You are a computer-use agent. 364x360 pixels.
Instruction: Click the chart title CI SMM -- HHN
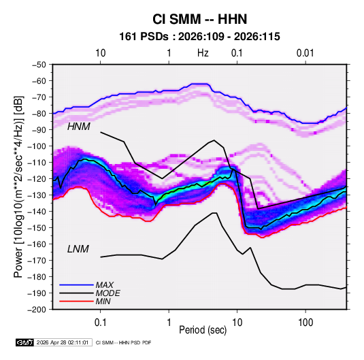click(x=199, y=19)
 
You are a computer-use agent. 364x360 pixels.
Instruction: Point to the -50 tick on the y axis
click(x=39, y=65)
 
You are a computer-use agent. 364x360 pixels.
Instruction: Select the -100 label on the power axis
click(x=37, y=146)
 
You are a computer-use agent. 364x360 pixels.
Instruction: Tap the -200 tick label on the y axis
click(x=37, y=310)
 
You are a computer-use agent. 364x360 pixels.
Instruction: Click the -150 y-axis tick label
click(x=37, y=228)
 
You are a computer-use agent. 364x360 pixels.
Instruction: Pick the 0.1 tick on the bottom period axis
click(x=100, y=323)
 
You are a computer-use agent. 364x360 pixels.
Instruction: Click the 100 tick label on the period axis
click(x=305, y=323)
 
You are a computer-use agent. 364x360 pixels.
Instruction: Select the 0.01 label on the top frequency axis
click(x=305, y=53)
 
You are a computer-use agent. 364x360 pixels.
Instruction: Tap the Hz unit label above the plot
click(x=203, y=53)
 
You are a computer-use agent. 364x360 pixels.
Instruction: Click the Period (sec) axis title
click(x=203, y=330)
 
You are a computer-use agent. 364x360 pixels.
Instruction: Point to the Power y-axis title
click(x=18, y=187)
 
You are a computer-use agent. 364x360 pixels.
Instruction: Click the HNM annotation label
click(x=79, y=127)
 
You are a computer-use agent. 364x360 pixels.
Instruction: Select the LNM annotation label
click(x=78, y=249)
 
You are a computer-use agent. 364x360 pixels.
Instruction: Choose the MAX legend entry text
click(x=105, y=285)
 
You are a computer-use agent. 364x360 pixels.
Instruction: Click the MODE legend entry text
click(x=108, y=293)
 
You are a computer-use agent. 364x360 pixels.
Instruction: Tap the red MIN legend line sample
click(x=76, y=301)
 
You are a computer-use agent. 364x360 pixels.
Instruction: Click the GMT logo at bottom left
click(x=25, y=342)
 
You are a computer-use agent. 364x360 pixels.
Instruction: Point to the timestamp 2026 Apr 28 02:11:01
click(x=63, y=342)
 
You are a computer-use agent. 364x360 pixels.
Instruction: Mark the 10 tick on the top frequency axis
click(x=100, y=53)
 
